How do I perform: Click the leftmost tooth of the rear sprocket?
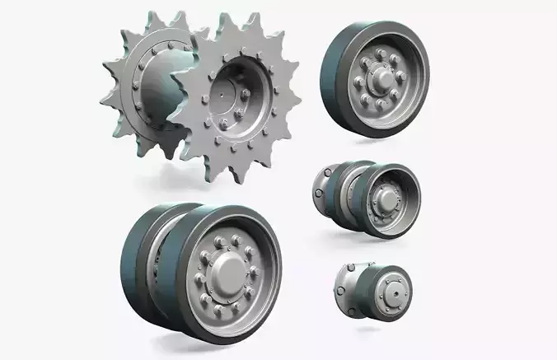coord(106,95)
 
